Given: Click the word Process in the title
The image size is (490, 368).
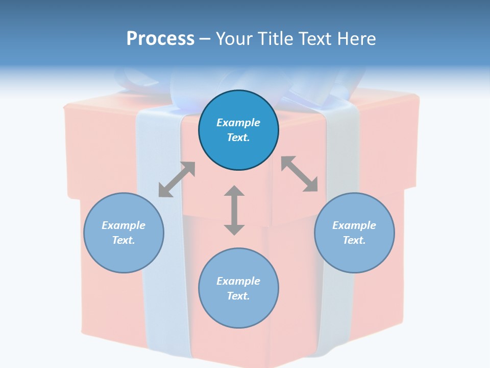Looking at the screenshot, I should coord(160,39).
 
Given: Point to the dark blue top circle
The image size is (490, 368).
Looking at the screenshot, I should coord(238,148).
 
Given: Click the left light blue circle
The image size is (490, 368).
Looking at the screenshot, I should coord(124,256).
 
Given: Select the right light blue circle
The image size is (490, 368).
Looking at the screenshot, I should coord(354,256).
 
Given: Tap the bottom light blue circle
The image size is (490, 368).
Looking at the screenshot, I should coord(238,312).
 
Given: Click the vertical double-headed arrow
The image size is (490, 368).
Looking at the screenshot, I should coord(234,210).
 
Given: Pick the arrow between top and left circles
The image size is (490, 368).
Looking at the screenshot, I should coord(177,179).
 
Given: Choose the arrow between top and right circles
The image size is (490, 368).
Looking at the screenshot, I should coord(300,174).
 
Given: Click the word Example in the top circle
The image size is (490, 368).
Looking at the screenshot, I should coord(238,123).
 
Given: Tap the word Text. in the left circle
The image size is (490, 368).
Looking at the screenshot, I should coord(124,240).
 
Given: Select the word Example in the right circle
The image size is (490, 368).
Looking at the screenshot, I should coord(354,225).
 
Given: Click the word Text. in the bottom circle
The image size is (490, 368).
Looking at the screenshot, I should coord(238,296).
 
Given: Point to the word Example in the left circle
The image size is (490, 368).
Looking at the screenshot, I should coord(124,225).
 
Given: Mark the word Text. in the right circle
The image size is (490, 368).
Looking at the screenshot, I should coord(354,240).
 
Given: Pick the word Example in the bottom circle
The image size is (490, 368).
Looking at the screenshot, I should coord(238,281).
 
